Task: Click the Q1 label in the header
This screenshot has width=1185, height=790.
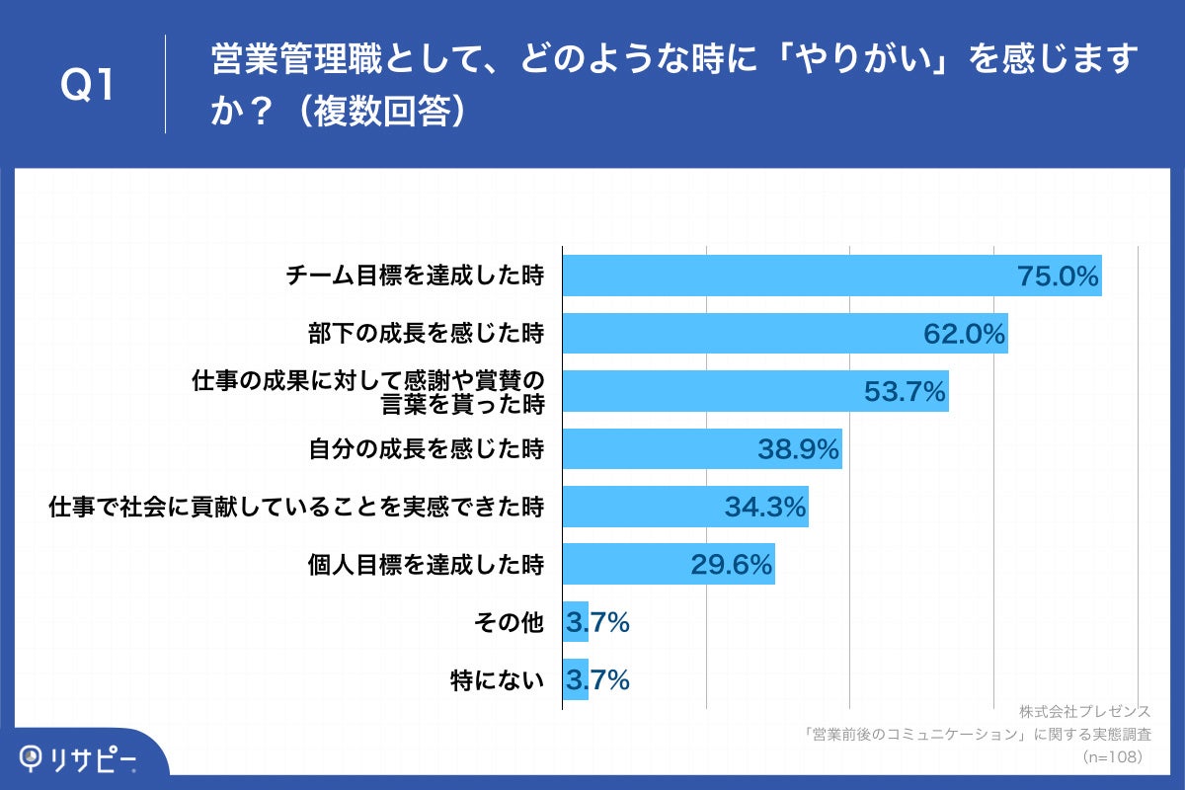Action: (88, 86)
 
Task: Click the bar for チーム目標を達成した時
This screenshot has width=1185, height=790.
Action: (790, 276)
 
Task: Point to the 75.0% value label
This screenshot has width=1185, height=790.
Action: (1058, 277)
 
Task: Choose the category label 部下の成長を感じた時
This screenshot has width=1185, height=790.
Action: (426, 334)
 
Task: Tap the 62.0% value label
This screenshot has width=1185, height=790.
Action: (965, 335)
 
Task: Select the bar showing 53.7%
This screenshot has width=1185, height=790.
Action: (711, 391)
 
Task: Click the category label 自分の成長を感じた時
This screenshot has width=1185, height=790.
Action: (426, 449)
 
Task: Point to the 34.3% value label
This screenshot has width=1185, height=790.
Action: (765, 508)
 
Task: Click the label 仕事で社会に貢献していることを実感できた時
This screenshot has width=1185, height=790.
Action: (296, 508)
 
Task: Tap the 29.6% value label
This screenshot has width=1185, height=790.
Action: (731, 565)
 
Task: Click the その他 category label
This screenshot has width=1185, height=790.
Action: (510, 623)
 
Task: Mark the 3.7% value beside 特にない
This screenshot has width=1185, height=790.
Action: (597, 680)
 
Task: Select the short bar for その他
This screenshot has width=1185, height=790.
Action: (575, 623)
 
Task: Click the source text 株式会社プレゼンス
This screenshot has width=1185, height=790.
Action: (1085, 712)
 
